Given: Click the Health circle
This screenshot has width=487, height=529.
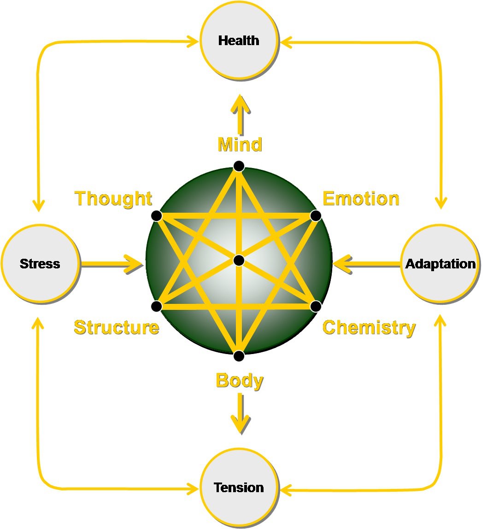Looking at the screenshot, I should coord(239,41).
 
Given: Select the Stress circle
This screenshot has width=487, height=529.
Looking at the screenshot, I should coord(40,264).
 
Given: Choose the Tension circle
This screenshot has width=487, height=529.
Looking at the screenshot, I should coord(239,488).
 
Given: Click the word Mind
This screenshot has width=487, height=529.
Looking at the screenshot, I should coord(240,145).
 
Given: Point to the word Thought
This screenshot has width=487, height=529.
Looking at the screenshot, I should coord(113,198).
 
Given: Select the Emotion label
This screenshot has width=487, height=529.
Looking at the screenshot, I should coord(361,198).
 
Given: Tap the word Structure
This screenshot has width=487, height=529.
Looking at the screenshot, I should coord(117,327).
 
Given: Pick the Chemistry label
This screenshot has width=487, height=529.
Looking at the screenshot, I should coord(369,327).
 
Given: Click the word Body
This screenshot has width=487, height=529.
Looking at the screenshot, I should coord(240,381).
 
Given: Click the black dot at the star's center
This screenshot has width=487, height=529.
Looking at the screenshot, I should coord(239,261).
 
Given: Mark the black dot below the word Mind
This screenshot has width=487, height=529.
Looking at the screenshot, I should coord(239,166).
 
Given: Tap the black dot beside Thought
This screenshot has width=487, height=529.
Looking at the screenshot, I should coord(157,215).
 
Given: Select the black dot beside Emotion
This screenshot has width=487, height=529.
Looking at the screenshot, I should coord(316,215).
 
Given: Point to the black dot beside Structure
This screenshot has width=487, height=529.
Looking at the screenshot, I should coord(157,306).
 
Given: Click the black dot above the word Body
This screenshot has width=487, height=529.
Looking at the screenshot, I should coord(239,356).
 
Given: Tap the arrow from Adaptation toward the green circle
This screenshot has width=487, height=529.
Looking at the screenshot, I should coord(366,264).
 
